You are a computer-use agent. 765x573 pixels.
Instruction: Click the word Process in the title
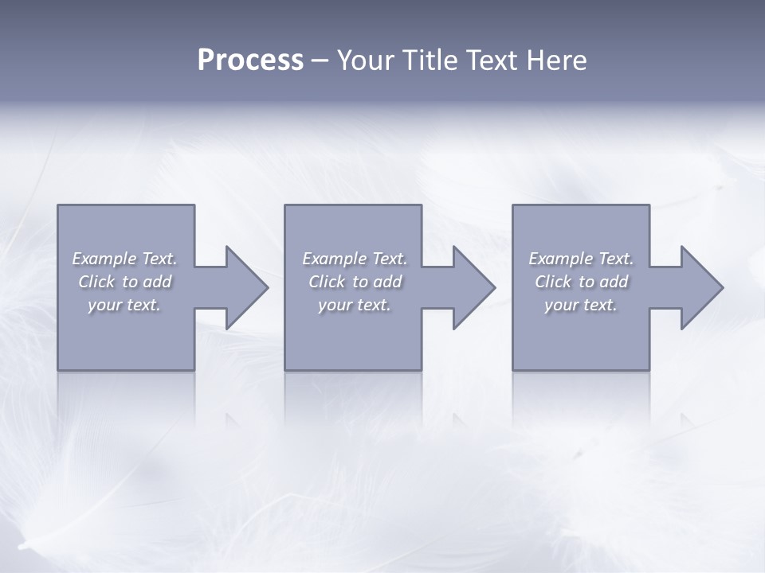250,60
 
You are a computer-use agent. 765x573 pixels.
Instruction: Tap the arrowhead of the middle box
473,287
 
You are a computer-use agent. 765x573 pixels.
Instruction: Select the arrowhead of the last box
700,287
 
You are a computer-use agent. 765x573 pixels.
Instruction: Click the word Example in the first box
104,259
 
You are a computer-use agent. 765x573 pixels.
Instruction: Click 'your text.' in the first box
124,305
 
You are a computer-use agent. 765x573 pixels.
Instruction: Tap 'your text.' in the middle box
355,305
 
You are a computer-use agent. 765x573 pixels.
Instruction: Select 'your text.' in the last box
581,305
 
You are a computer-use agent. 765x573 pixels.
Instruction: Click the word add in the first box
158,282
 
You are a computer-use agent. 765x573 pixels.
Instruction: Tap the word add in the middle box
388,282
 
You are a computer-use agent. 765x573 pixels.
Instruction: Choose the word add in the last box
614,282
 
